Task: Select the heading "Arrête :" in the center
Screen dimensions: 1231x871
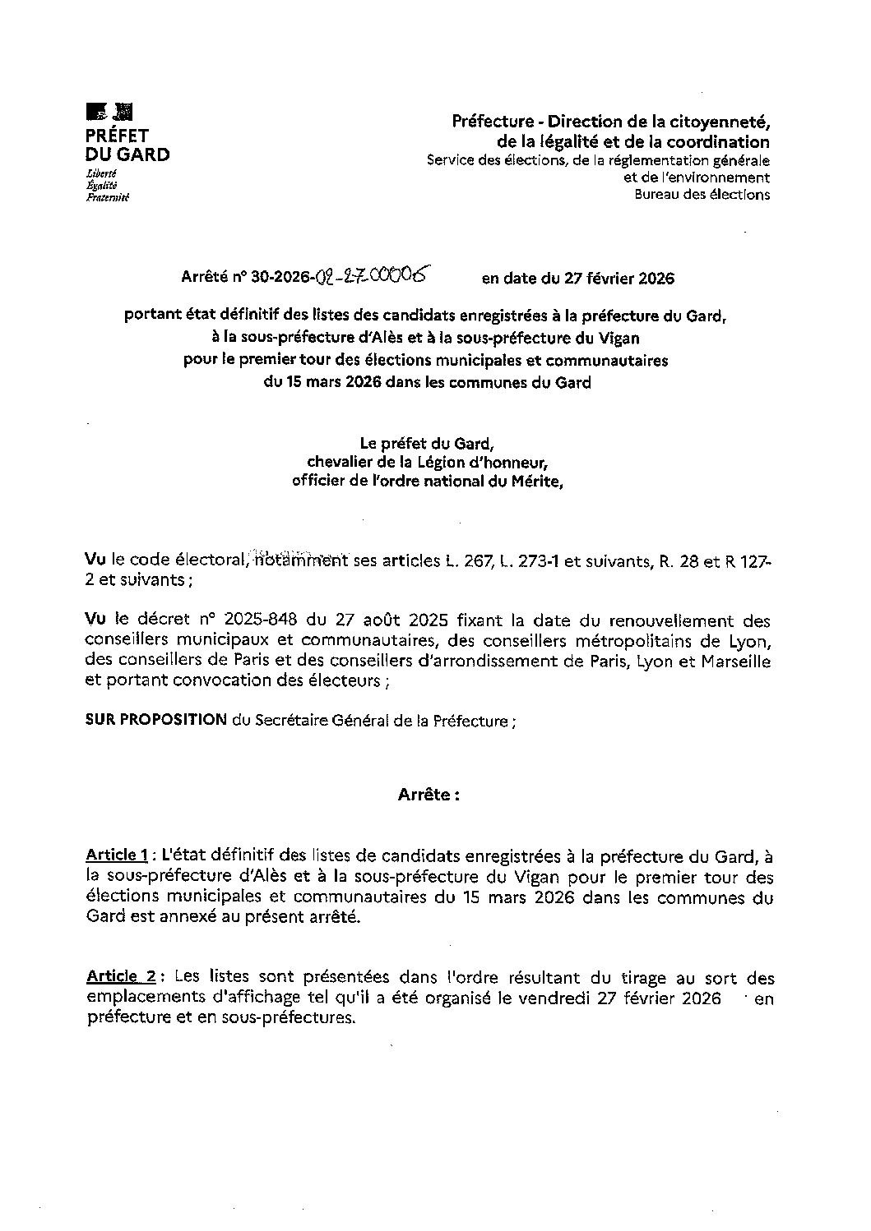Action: [x=429, y=795]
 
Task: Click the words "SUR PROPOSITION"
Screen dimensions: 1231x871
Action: [x=156, y=720]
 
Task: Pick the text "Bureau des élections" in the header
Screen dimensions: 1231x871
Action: [x=702, y=195]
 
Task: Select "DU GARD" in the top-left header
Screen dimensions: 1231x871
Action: [x=127, y=154]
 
